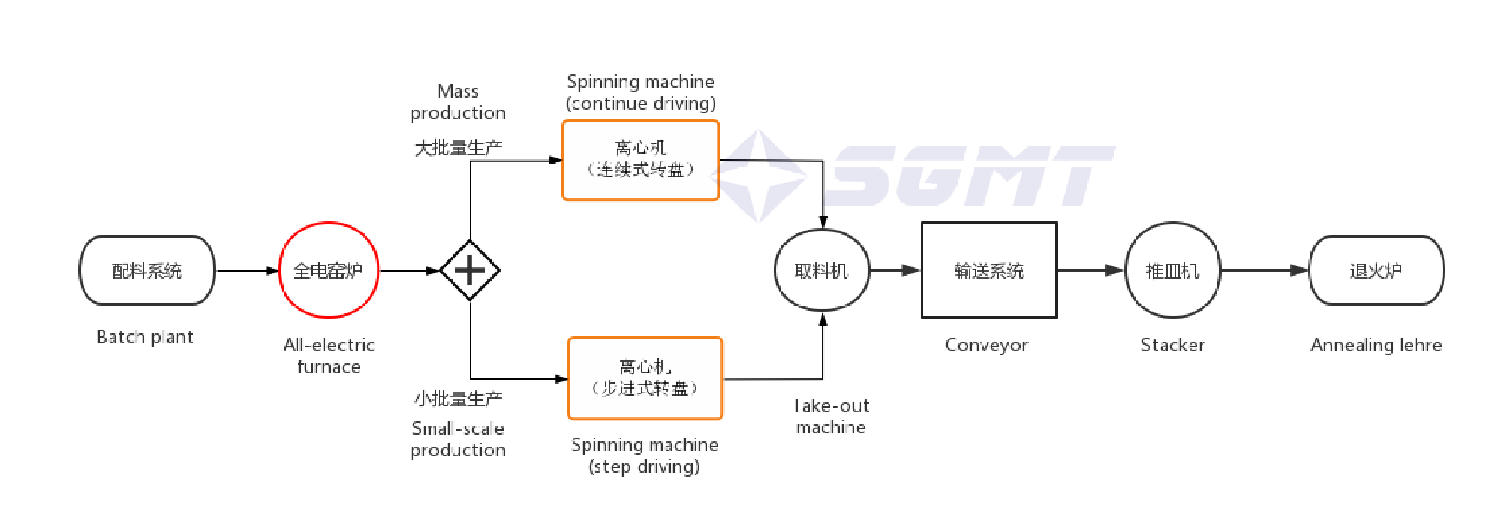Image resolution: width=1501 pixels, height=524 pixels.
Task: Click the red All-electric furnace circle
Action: click(x=329, y=270)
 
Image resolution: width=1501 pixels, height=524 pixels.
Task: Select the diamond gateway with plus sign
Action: click(x=470, y=270)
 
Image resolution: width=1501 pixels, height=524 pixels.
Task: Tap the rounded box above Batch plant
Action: click(x=147, y=270)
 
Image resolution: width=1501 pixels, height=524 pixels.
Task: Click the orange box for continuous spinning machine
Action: click(x=641, y=160)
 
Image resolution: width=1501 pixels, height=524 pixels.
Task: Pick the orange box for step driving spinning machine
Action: click(x=645, y=378)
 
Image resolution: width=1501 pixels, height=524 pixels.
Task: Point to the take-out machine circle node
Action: click(x=822, y=270)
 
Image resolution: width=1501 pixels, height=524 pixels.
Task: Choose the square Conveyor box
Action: click(x=989, y=270)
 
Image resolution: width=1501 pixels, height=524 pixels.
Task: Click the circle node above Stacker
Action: click(x=1173, y=270)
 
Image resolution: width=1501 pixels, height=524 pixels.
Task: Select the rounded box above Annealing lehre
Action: click(x=1376, y=270)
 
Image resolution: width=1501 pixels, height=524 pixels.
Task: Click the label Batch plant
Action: click(x=145, y=337)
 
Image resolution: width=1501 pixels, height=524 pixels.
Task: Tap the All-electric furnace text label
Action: click(x=329, y=356)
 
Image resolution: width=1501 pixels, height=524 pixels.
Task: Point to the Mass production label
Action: click(x=458, y=102)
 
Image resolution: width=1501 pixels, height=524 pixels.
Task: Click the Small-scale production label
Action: click(x=458, y=439)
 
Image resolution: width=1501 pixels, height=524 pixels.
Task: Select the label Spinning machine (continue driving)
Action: click(x=641, y=92)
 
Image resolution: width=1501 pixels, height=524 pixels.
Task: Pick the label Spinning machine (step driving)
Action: click(x=645, y=456)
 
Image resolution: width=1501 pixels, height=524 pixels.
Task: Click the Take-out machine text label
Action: click(x=831, y=417)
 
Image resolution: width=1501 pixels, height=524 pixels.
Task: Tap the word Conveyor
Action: click(x=986, y=345)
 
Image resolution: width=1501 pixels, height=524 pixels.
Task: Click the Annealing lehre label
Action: click(x=1376, y=345)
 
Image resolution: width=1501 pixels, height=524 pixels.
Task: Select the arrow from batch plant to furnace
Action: click(x=247, y=270)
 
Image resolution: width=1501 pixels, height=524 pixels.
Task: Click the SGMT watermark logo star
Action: click(x=760, y=176)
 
